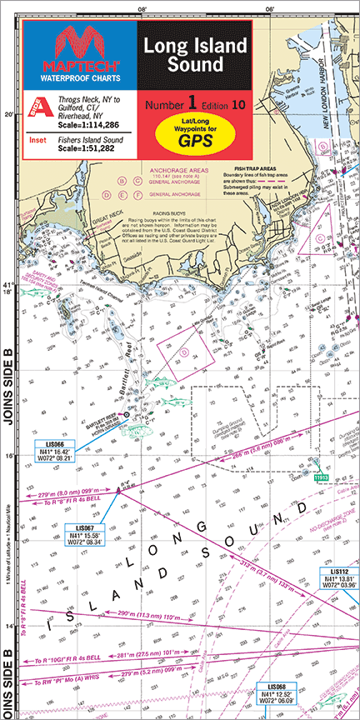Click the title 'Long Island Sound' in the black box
(192, 53)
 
